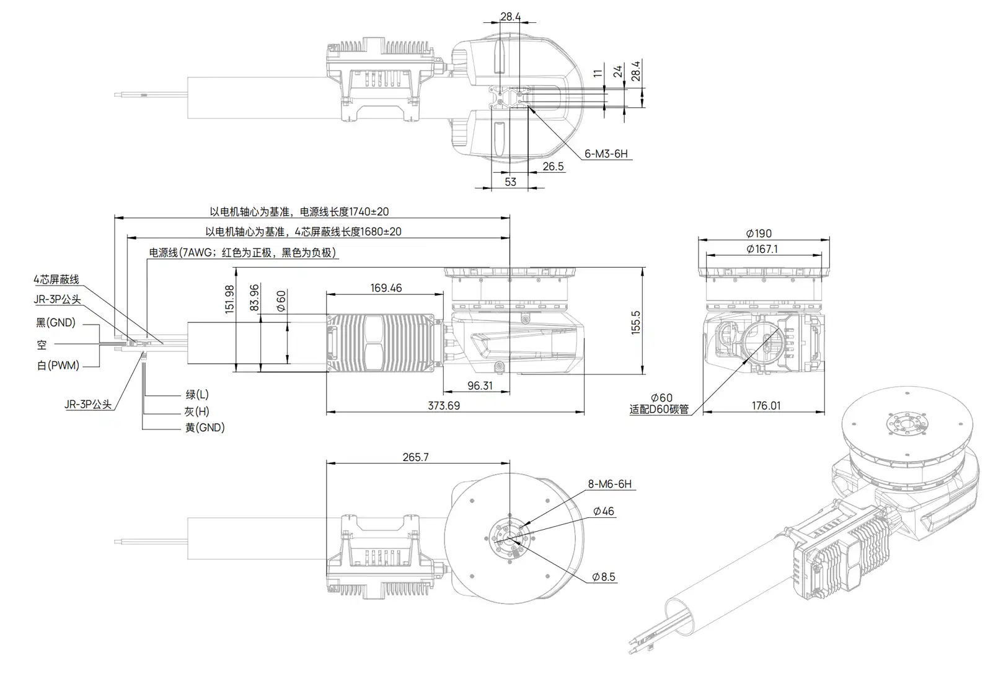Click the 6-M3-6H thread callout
coord(607,154)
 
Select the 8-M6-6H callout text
coord(609,484)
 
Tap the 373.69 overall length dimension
coord(444,406)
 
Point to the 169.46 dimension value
coord(386,288)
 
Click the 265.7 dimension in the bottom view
coord(415,457)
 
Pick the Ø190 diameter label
coord(759,234)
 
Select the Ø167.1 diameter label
coord(762,249)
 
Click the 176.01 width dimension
coord(766,406)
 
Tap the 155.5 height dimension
coord(635,322)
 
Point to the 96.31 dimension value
coord(479,386)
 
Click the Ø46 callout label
coord(603,511)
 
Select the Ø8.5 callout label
coord(603,577)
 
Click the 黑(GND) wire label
coord(56,323)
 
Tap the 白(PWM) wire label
coord(58,366)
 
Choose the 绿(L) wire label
coord(197,395)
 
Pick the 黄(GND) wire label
coord(205,428)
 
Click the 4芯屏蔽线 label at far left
coord(56,280)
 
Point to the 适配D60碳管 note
coord(659,409)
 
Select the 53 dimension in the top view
coord(510,182)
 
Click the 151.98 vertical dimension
coord(229,299)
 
